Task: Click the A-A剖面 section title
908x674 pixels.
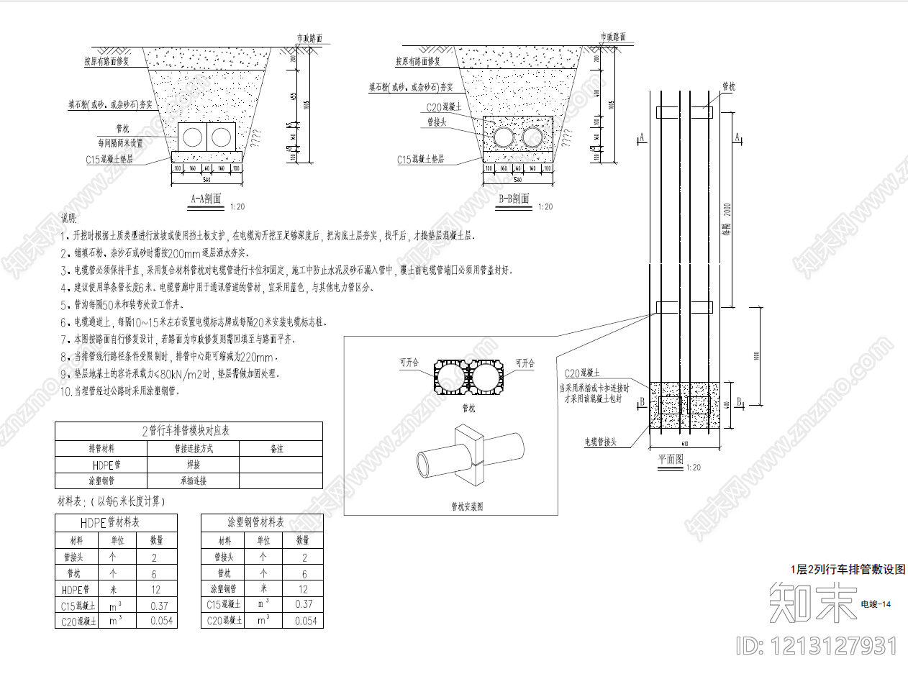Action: coord(206,199)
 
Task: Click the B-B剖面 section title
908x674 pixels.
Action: coord(514,199)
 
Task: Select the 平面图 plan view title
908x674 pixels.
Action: coord(671,459)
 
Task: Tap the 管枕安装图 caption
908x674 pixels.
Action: coord(466,506)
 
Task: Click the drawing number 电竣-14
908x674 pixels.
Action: coord(876,604)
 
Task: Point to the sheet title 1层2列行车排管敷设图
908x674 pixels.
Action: coord(848,569)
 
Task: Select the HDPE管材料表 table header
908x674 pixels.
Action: coord(116,522)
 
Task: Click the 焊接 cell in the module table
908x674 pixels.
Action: coord(193,465)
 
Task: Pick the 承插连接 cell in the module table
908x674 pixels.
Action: coord(193,481)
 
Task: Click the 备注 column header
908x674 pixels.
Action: coord(277,448)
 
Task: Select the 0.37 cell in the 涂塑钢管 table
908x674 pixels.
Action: coord(304,605)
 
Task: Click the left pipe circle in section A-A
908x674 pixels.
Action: coord(193,136)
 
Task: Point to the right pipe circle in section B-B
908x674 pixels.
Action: coord(533,136)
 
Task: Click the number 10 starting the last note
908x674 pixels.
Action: coord(65,391)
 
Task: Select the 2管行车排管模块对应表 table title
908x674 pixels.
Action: coord(189,431)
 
